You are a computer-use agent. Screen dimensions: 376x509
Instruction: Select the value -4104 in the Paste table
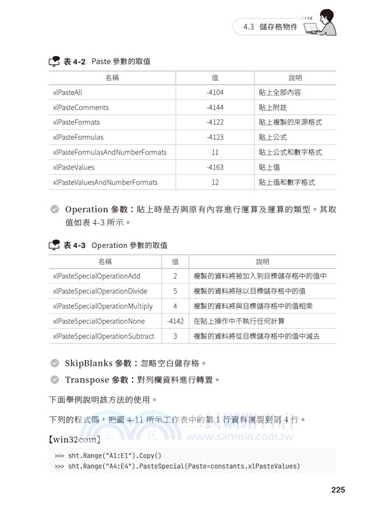click(x=215, y=92)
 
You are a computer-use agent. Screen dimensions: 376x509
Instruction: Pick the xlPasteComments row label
click(x=81, y=108)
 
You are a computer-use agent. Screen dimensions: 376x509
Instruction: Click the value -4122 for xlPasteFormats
click(x=215, y=122)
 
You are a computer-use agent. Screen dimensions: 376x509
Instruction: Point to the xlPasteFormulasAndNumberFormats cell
click(x=110, y=152)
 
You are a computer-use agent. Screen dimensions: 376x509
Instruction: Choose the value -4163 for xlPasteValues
click(x=215, y=167)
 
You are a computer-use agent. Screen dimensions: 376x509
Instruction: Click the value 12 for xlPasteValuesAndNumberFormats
click(x=215, y=183)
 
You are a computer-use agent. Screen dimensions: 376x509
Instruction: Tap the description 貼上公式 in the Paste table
click(x=273, y=137)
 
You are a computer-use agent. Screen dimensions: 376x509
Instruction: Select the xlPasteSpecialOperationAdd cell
click(x=97, y=276)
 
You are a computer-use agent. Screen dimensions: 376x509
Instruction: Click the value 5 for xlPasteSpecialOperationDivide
click(x=175, y=291)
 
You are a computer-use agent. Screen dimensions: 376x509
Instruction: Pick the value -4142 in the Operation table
click(x=175, y=321)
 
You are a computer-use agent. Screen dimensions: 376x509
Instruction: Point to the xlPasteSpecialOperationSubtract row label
click(x=104, y=336)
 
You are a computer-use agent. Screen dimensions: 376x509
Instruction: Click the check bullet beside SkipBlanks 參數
click(x=55, y=363)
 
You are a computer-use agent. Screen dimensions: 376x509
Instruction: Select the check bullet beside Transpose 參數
click(x=55, y=380)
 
